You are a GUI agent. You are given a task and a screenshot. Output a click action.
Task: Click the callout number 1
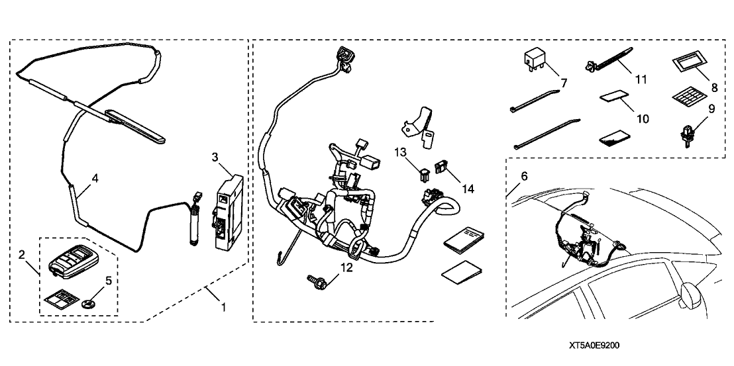pyautogui.click(x=223, y=307)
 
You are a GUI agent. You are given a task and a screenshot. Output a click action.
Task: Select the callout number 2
pyautogui.click(x=22, y=254)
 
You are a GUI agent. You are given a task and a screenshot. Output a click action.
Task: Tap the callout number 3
pyautogui.click(x=215, y=156)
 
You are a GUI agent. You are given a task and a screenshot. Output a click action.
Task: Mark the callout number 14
pyautogui.click(x=468, y=189)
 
